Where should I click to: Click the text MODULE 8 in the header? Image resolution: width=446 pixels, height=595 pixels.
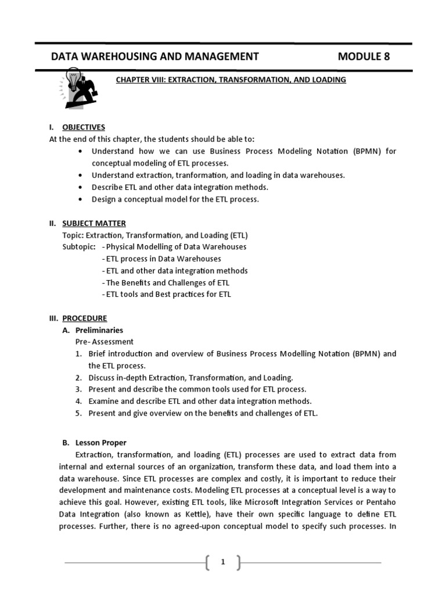(364, 56)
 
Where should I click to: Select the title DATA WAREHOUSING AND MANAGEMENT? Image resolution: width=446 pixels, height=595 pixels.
(155, 56)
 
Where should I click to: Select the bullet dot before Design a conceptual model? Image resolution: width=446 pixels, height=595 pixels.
(79, 199)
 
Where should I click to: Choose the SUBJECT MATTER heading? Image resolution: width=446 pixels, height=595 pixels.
(93, 223)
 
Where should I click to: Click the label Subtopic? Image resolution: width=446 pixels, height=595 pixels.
(80, 247)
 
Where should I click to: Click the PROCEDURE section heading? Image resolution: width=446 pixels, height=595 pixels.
(85, 318)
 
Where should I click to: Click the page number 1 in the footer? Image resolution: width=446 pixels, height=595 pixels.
(223, 562)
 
